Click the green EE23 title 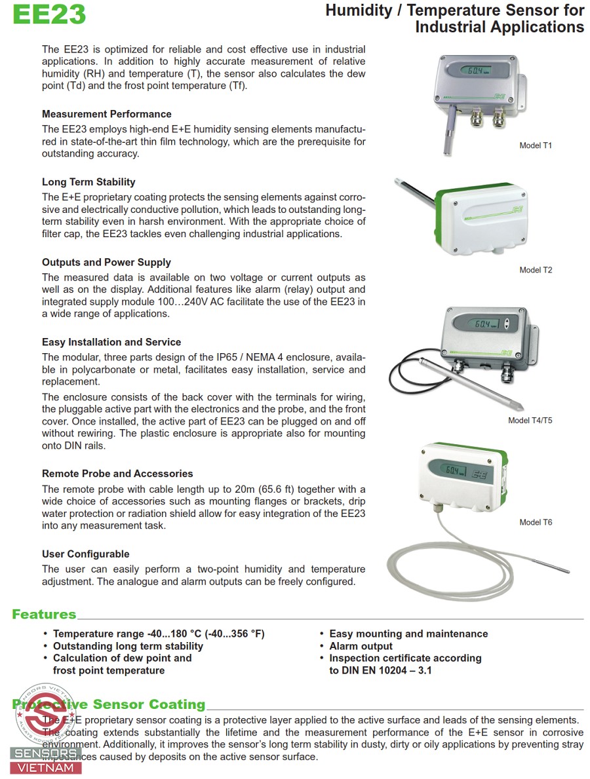click(49, 14)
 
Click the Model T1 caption click(536, 145)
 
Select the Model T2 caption click(536, 270)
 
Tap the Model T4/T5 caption click(530, 421)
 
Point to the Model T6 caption click(536, 522)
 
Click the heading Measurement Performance click(107, 114)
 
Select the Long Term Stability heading click(88, 182)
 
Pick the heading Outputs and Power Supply click(106, 263)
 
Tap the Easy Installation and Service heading click(111, 342)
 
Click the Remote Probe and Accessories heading click(117, 474)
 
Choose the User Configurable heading click(86, 554)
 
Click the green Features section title click(44, 615)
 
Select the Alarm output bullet click(361, 646)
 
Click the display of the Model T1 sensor click(474, 71)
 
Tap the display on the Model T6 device click(455, 470)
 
